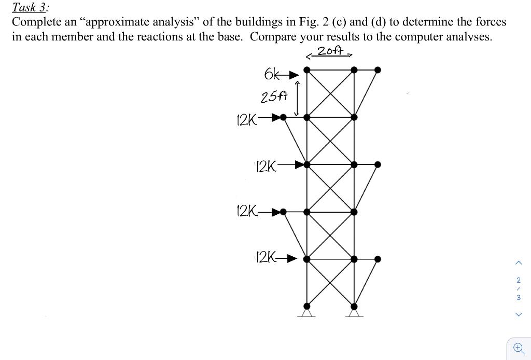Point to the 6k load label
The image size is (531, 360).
click(x=272, y=75)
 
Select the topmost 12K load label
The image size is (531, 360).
click(x=246, y=120)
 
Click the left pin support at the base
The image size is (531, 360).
click(x=307, y=311)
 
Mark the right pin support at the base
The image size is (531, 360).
click(x=354, y=311)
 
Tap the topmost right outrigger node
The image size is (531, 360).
click(x=378, y=70)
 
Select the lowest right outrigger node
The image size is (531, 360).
click(x=378, y=259)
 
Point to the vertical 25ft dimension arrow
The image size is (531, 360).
click(x=297, y=98)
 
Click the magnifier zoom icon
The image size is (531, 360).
click(x=518, y=348)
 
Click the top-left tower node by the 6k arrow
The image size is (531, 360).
click(x=307, y=70)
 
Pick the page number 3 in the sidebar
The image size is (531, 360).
click(x=519, y=297)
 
